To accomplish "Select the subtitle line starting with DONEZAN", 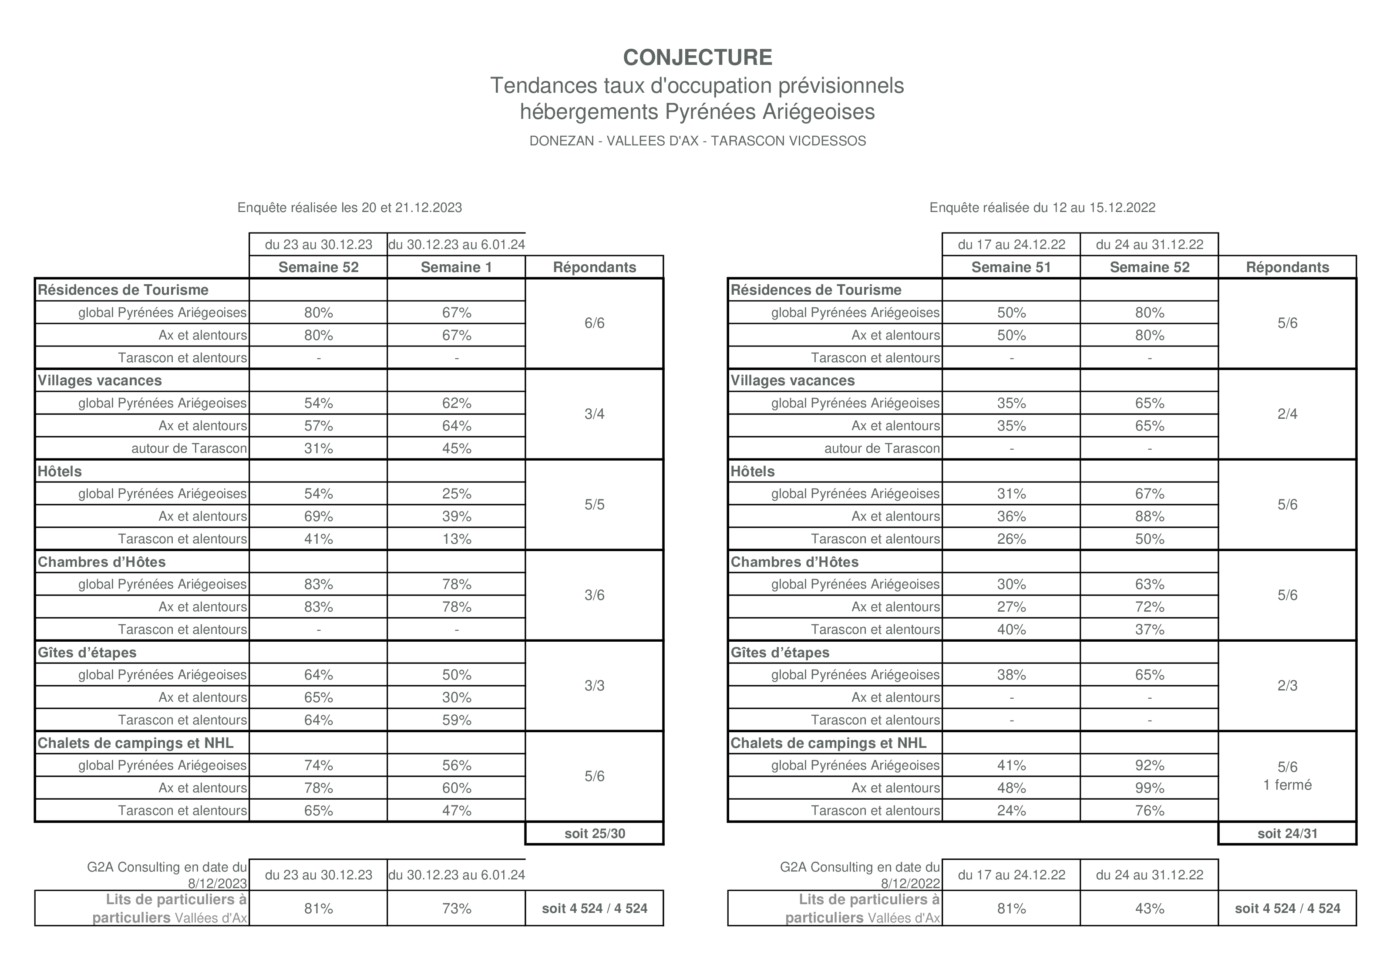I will [x=697, y=141].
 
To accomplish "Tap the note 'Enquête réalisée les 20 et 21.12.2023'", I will [x=350, y=208].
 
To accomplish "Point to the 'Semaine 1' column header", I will [x=456, y=267].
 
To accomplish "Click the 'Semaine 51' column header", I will [x=1011, y=267].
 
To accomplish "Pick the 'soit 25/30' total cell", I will [x=595, y=834].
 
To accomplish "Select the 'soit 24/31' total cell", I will [x=1287, y=834].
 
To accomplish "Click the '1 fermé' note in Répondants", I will [x=1287, y=785].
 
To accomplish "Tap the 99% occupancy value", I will [x=1149, y=788].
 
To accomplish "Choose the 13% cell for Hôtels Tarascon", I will [x=456, y=539].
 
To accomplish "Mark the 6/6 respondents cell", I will [x=595, y=323].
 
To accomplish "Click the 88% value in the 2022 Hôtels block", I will [x=1149, y=516].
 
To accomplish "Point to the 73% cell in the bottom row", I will [x=456, y=909].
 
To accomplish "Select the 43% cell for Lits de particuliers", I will [x=1149, y=909].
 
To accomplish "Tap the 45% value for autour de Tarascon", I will [x=456, y=449].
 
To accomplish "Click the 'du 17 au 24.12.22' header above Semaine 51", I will [x=1011, y=245].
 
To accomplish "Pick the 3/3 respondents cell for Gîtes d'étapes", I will [x=595, y=686].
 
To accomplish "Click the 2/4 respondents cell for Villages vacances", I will [x=1287, y=414].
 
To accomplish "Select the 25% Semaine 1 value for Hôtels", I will [x=456, y=494].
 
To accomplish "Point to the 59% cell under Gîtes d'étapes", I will [x=456, y=720].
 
